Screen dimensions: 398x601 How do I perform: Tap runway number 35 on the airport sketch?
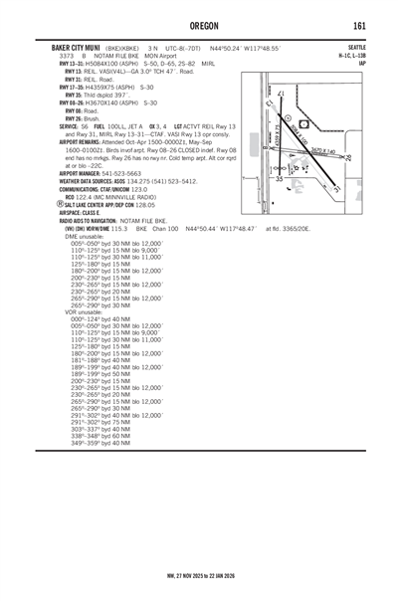pos(279,179)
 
